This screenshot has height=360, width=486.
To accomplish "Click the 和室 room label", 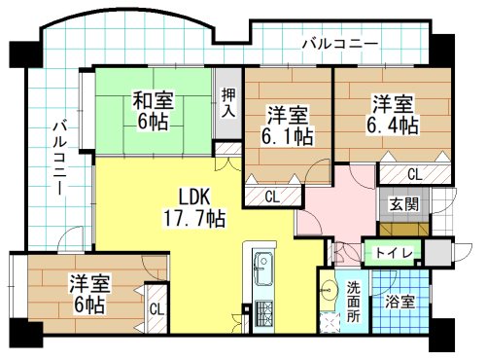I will [153, 98].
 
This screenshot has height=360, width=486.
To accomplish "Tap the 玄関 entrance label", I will [404, 204].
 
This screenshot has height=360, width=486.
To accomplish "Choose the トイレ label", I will [393, 254].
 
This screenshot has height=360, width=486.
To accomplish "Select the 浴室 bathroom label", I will [399, 302].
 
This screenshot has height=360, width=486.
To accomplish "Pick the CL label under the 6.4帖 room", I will [414, 175].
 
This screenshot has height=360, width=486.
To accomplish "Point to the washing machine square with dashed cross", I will [330, 320].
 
